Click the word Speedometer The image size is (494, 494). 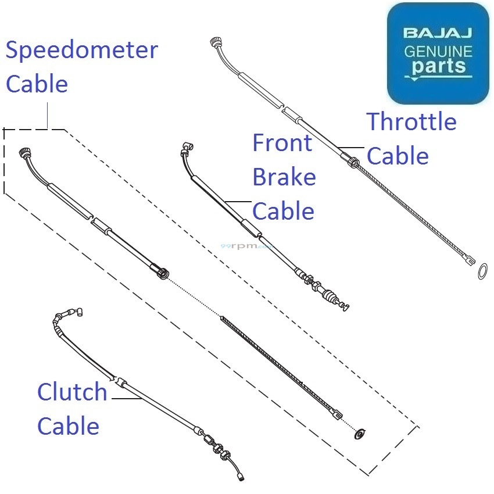coord(82,51)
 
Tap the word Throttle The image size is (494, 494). coord(411,121)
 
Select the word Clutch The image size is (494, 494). coord(72,392)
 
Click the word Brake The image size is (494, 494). coord(284,177)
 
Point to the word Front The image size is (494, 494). coord(282,143)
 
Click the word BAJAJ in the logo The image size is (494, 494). coord(438,33)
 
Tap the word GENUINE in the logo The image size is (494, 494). coord(438,52)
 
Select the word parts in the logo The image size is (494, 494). coord(439,66)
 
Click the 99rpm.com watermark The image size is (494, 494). coord(246,246)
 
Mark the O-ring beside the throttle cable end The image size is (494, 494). coord(482,271)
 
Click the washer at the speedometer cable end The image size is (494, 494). coord(360,434)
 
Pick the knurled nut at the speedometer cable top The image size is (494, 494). coord(24,152)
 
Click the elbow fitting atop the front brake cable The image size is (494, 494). coord(187,148)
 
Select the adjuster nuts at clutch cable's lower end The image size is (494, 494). coord(217,448)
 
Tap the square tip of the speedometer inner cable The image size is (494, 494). coord(337,414)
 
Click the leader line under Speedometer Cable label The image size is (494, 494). coord(48,116)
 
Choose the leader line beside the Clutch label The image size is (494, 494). coord(127,399)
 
